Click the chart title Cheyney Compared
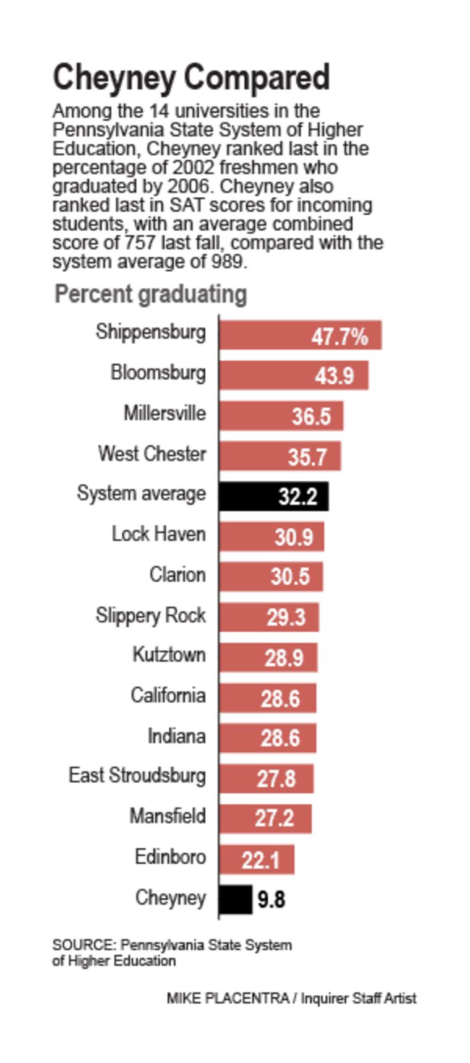pyautogui.click(x=190, y=78)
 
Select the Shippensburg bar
pyautogui.click(x=299, y=335)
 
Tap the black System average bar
pyautogui.click(x=273, y=496)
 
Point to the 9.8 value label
pyautogui.click(x=271, y=899)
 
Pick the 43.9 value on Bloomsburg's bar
pyautogui.click(x=334, y=376)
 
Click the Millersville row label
pyautogui.click(x=164, y=413)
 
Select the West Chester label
pyautogui.click(x=152, y=454)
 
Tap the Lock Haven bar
pyautogui.click(x=271, y=536)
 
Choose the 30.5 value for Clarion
pyautogui.click(x=289, y=577)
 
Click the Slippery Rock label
pyautogui.click(x=150, y=616)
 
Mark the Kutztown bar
pyautogui.click(x=268, y=657)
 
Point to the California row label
pyautogui.click(x=168, y=695)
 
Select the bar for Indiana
pyautogui.click(x=267, y=738)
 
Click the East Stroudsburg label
pyautogui.click(x=137, y=775)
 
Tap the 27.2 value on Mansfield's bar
pyautogui.click(x=274, y=819)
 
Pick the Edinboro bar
pyautogui.click(x=256, y=859)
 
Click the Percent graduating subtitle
pyautogui.click(x=150, y=294)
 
